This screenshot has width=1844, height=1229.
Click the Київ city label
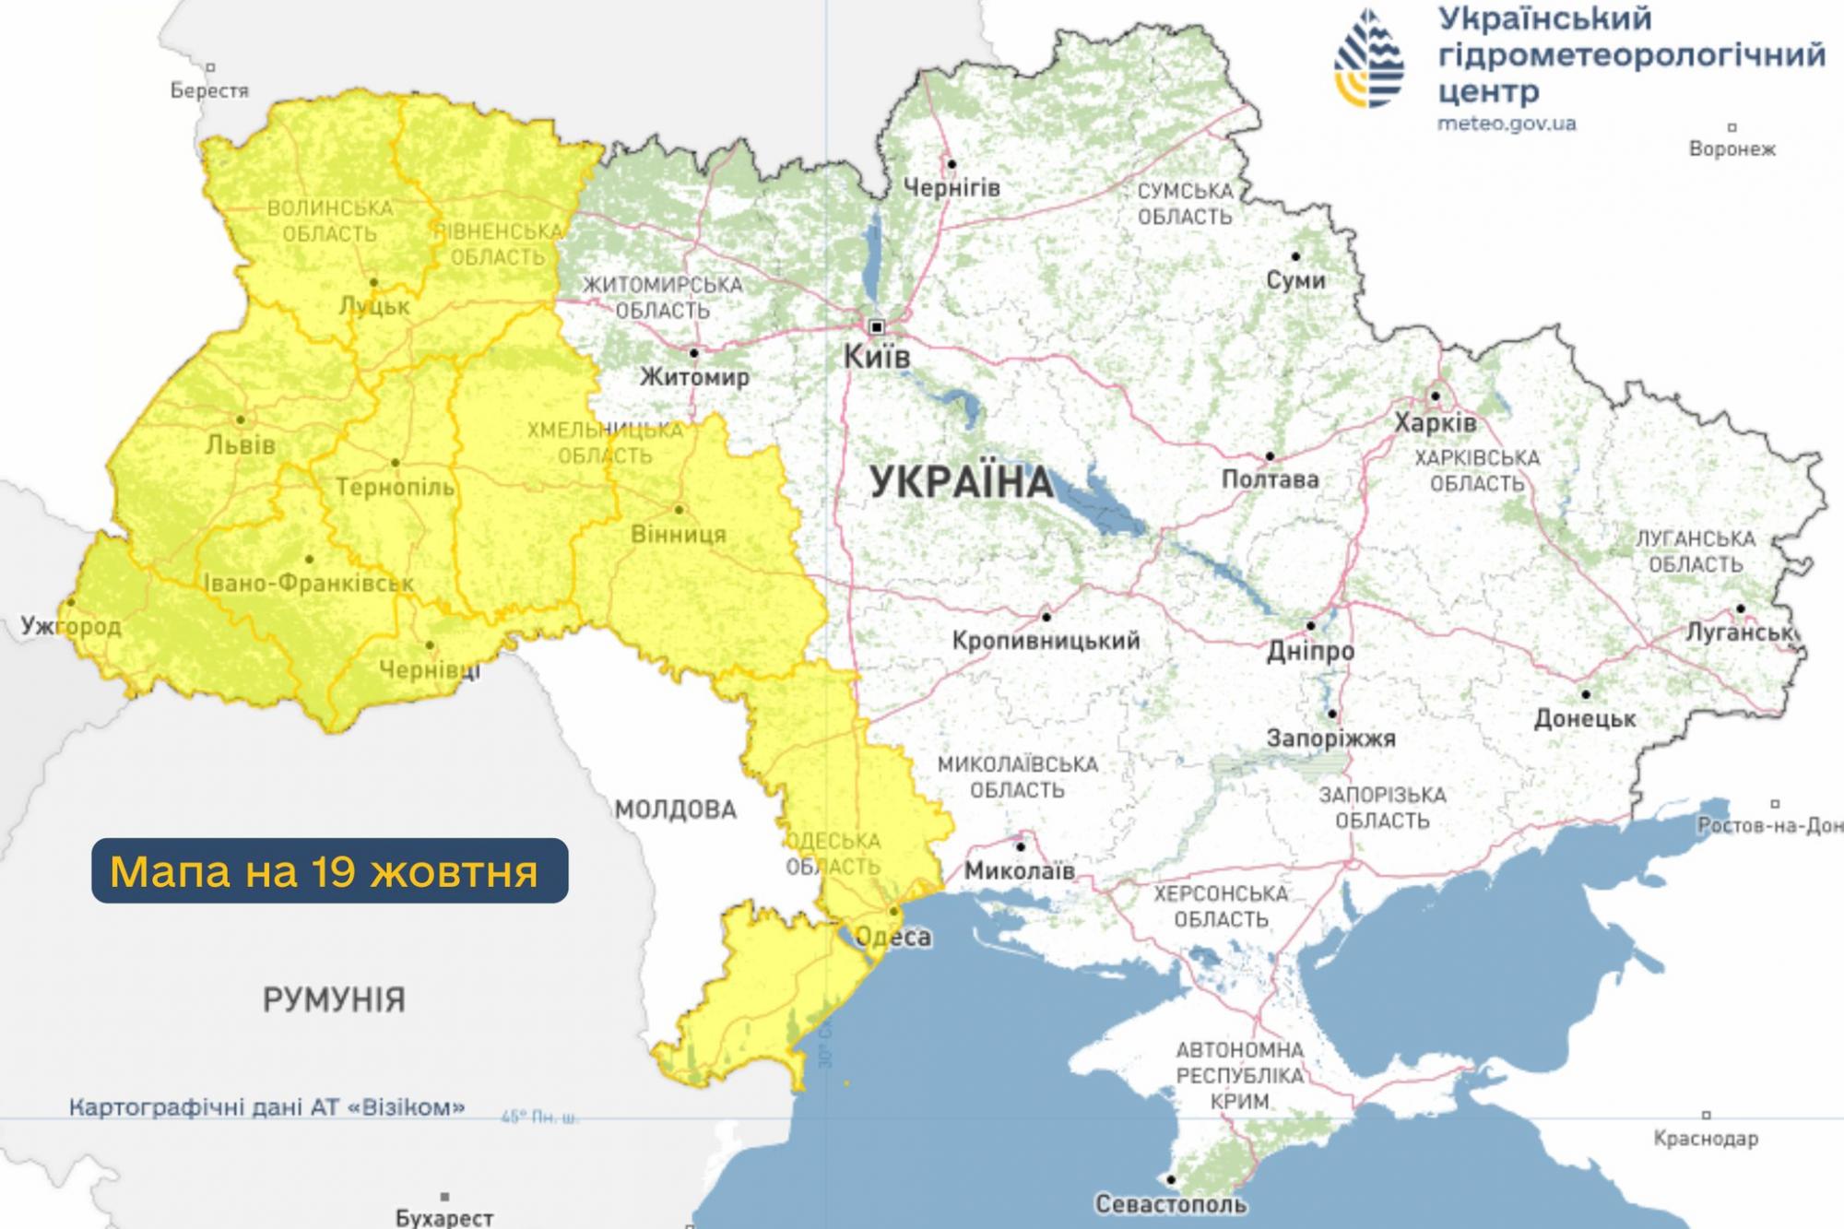click(x=877, y=357)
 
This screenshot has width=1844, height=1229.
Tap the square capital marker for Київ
click(x=877, y=326)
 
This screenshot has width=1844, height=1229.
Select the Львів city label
click(x=241, y=445)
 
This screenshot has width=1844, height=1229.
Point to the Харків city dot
click(x=1436, y=396)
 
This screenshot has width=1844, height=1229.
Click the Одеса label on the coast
click(x=893, y=938)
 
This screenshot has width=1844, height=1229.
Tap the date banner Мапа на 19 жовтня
click(x=329, y=870)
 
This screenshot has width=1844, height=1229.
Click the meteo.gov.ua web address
click(x=1507, y=123)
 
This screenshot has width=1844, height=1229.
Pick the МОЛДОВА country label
click(x=676, y=809)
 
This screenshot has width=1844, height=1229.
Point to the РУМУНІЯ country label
click(x=334, y=999)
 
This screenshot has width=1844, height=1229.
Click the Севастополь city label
click(x=1170, y=1204)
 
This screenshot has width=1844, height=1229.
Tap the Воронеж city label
click(x=1732, y=148)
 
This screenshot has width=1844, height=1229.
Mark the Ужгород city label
click(x=71, y=627)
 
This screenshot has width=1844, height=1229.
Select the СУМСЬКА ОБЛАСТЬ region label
click(x=1185, y=204)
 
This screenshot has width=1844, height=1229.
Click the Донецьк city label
click(x=1585, y=718)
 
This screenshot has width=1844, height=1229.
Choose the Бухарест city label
click(x=444, y=1217)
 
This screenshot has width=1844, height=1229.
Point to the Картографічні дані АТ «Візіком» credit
click(x=267, y=1106)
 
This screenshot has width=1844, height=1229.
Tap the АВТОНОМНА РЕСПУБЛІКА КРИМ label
click(x=1240, y=1075)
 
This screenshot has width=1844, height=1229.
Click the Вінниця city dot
click(x=679, y=510)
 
